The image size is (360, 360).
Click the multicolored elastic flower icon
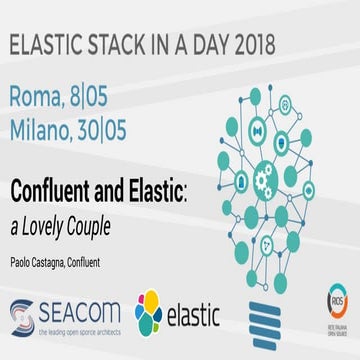click(x=149, y=311)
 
